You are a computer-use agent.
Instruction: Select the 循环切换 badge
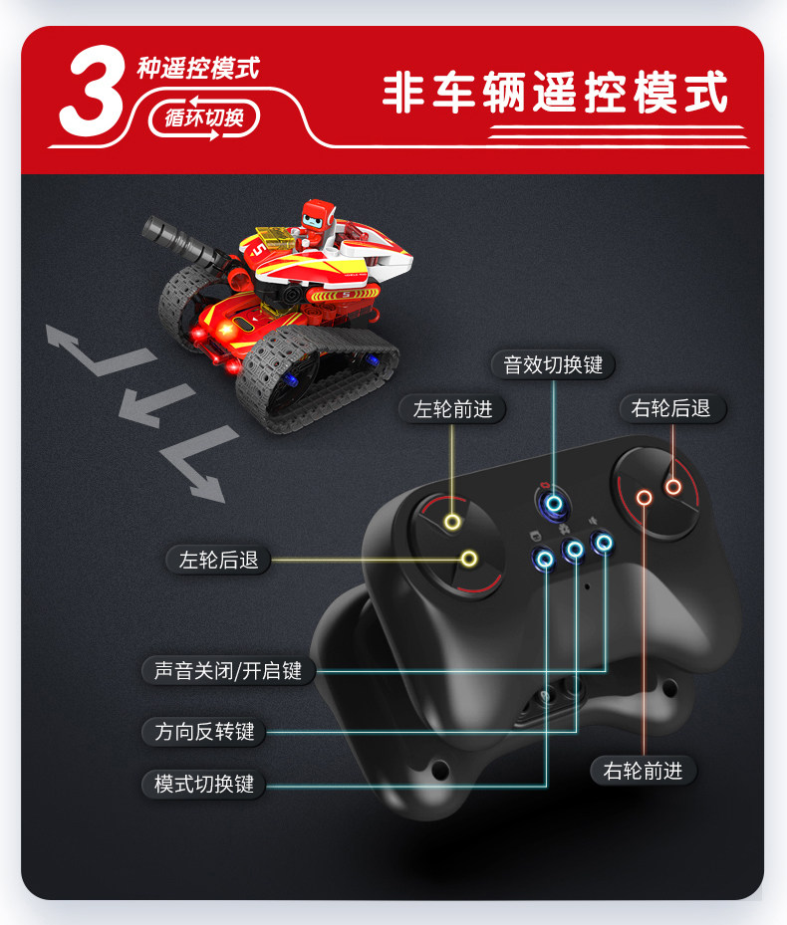coord(203,117)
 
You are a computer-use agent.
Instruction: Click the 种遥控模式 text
coord(197,68)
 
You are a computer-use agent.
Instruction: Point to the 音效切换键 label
coord(553,364)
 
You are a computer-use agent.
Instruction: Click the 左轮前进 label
coord(452,408)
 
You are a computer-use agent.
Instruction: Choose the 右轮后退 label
coord(670,408)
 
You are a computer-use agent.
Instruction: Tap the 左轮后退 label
coord(218,560)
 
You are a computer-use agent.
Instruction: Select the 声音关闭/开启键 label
coord(228,671)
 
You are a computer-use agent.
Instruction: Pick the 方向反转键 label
coord(205,732)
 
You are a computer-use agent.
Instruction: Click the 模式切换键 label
coord(204,784)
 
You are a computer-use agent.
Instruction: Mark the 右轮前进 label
coord(643,770)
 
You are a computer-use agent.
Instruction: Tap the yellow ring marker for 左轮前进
coord(452,522)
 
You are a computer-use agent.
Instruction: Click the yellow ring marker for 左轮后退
coord(468,559)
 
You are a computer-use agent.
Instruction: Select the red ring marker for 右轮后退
coord(672,487)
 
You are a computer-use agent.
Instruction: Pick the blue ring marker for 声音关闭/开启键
coord(602,542)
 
